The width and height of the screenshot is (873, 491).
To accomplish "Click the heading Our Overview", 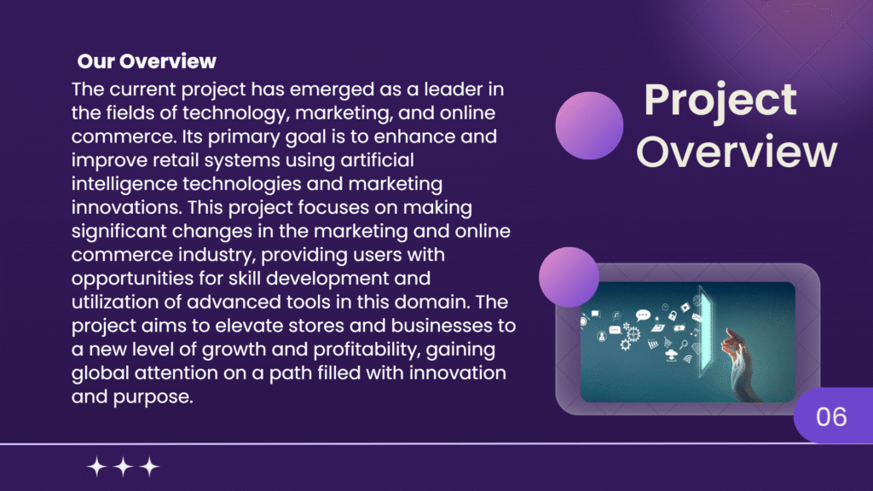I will click(x=147, y=61).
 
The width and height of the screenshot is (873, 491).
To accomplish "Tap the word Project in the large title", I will click(x=720, y=100).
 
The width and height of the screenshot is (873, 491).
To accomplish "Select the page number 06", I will click(x=831, y=417).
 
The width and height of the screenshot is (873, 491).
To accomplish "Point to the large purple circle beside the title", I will click(x=589, y=126).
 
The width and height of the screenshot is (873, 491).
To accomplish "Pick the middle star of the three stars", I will click(x=124, y=466).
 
